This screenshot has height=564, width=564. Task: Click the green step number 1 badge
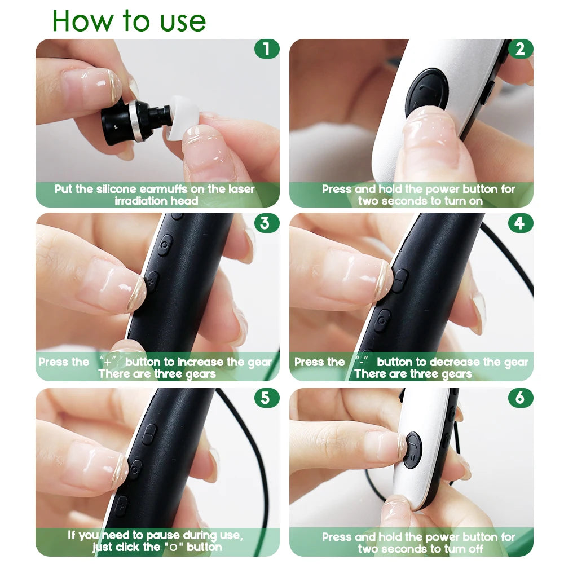coord(266,49)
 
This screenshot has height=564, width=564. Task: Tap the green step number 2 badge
coord(520,49)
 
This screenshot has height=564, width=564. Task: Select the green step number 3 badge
coord(265,223)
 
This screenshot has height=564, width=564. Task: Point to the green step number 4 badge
coord(520,223)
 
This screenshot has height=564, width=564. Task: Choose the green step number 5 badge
coord(265,398)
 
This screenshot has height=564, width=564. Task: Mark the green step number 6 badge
coord(520,398)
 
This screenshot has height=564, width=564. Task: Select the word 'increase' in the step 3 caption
coord(201,362)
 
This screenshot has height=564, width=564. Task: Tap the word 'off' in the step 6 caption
coord(474,549)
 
